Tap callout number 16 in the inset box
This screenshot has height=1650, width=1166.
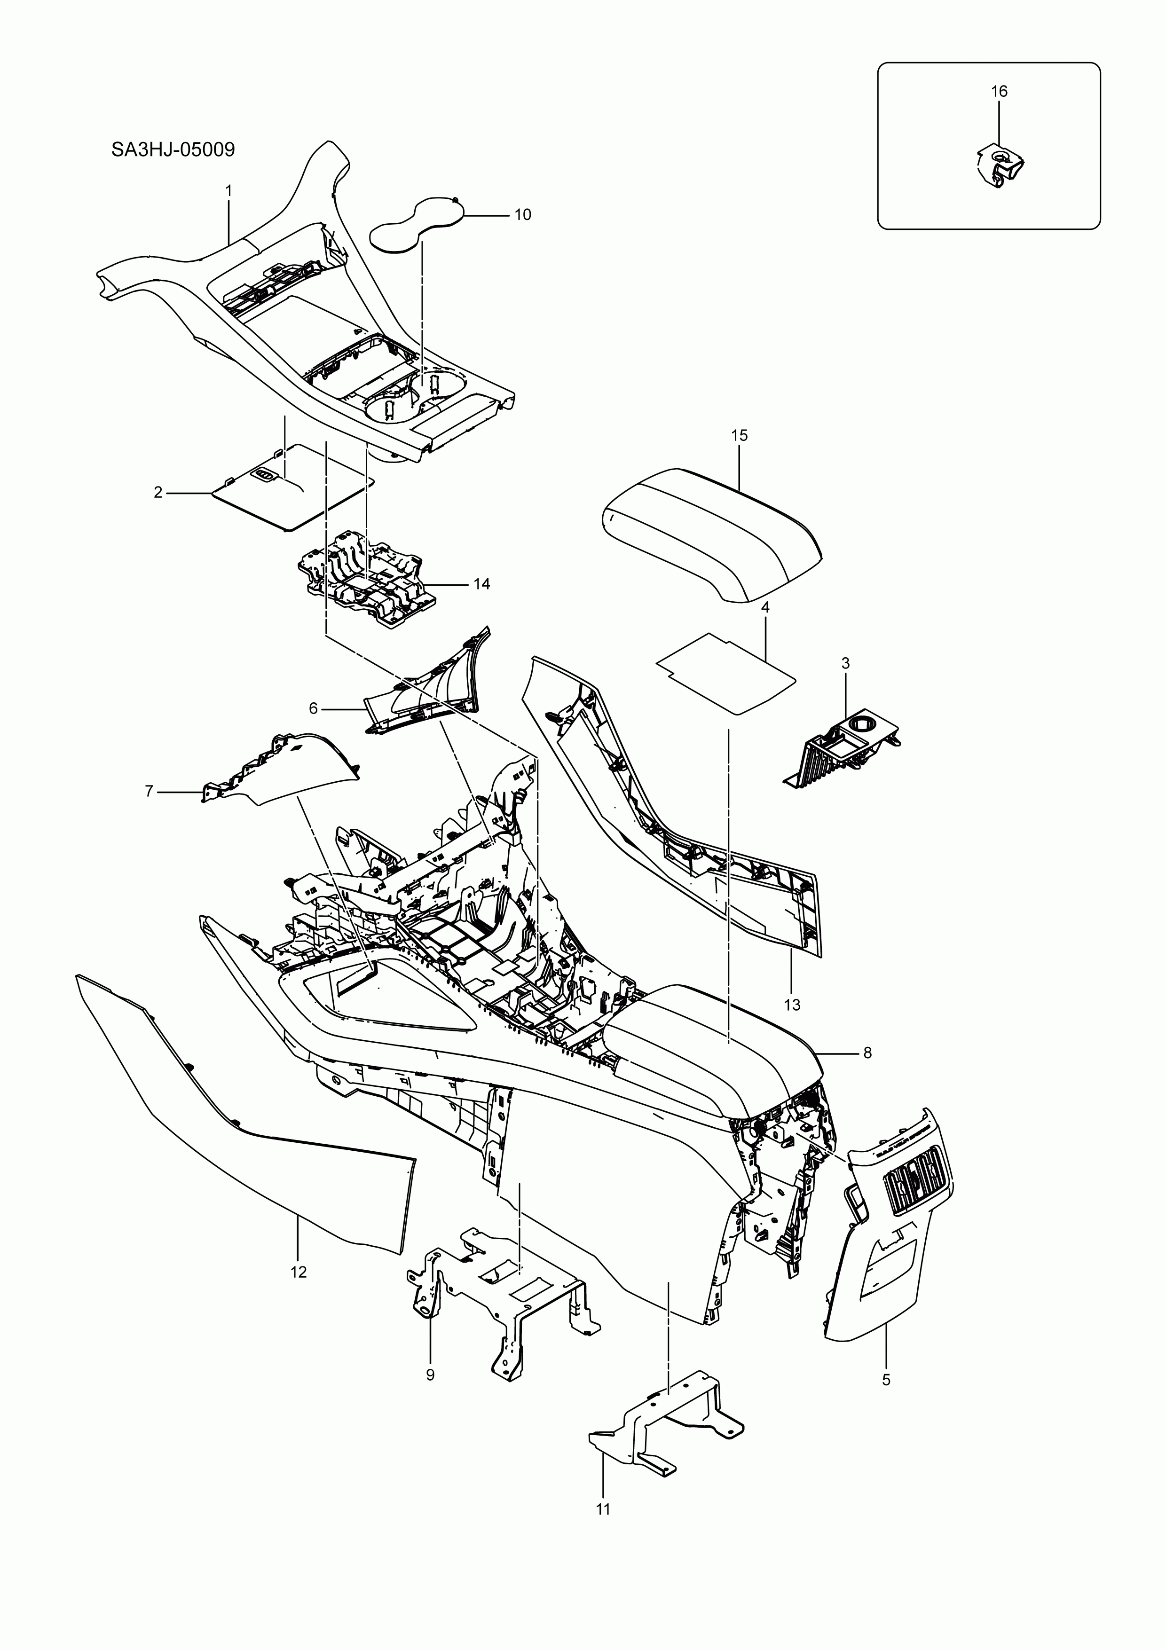(999, 91)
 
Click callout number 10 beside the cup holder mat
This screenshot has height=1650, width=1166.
(523, 214)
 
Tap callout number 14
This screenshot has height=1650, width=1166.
(481, 583)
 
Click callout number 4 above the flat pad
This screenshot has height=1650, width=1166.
(765, 607)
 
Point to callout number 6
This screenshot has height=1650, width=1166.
(314, 708)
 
